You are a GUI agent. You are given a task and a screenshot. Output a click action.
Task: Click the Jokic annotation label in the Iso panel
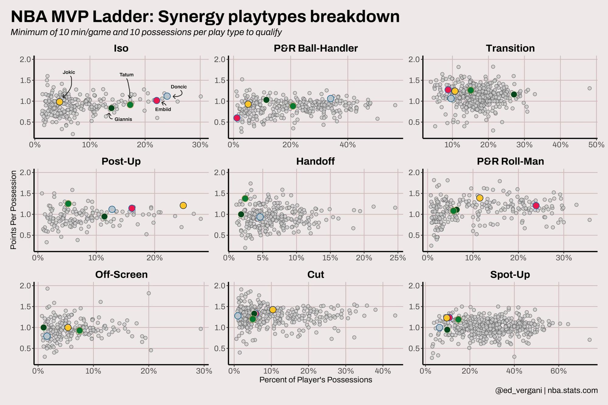pos(69,72)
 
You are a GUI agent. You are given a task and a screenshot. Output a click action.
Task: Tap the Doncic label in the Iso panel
pos(179,87)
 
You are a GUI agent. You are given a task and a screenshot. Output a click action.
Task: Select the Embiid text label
pos(163,109)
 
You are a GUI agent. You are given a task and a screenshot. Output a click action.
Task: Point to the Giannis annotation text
pos(123,119)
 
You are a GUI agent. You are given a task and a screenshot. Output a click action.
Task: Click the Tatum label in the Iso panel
pos(126,75)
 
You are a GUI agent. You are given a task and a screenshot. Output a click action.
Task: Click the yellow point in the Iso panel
pos(60,102)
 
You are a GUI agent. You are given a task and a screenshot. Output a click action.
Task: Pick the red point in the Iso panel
pos(157,101)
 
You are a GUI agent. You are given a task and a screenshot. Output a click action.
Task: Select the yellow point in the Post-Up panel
pos(183,206)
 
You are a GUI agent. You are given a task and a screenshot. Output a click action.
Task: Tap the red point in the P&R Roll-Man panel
pos(536,206)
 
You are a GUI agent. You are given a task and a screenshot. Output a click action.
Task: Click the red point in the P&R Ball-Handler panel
pos(237,118)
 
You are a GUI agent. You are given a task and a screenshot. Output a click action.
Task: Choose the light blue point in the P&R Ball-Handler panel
pos(330,98)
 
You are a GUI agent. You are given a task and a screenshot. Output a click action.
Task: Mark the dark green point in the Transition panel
pos(514,94)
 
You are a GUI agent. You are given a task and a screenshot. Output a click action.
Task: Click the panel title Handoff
pos(315,161)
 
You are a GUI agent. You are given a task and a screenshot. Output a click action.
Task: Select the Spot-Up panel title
pos(510,275)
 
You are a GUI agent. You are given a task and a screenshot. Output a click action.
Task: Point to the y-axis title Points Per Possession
pos(13,210)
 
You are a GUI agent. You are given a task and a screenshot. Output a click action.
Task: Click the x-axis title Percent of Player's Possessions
pos(316,380)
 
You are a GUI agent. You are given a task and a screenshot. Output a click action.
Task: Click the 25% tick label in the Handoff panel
pos(398,258)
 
